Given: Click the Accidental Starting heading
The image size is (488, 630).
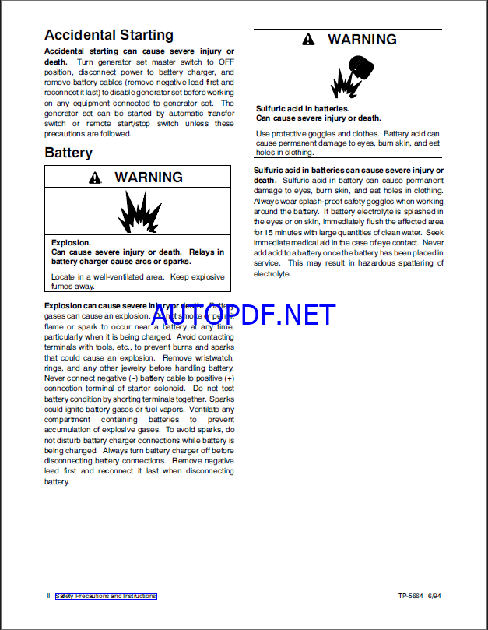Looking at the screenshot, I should click(x=108, y=35).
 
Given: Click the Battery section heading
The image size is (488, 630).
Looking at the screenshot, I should click(x=68, y=153).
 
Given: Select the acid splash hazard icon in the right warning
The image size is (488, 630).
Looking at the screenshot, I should click(x=348, y=76).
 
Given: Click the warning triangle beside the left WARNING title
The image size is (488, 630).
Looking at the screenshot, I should click(x=95, y=178).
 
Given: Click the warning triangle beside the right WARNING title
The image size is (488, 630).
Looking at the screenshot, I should click(x=309, y=40).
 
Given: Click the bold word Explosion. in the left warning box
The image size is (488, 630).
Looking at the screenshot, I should click(x=71, y=243).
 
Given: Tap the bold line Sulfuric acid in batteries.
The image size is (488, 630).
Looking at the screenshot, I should click(x=303, y=109).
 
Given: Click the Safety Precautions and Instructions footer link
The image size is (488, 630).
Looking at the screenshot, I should click(x=106, y=597).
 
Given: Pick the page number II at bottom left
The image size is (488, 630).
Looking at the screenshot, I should click(x=47, y=597).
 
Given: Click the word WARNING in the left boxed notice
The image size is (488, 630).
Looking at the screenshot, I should click(x=149, y=178).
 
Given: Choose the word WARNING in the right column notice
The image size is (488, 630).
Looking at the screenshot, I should click(x=362, y=40).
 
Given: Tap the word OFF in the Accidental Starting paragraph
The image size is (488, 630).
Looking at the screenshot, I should click(x=226, y=61).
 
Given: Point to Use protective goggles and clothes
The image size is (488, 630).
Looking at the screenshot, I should click(x=318, y=134).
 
